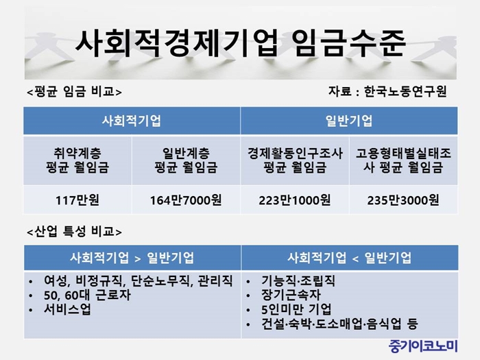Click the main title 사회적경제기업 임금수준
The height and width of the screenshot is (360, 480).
240,43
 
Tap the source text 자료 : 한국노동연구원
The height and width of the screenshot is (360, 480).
387,91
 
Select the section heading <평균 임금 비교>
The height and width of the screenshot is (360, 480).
74,91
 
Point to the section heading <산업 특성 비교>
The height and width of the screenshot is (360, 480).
74,232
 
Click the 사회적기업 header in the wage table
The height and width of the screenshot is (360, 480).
132,121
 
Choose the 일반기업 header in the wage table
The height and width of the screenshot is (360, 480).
349,121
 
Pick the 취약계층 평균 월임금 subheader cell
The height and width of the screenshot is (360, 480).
77,160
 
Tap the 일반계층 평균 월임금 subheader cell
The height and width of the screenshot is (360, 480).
186,160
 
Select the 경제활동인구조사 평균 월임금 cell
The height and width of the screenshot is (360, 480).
295,160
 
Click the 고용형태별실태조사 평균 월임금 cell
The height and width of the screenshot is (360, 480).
403,160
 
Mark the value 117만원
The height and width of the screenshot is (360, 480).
77,200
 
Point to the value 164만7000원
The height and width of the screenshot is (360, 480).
186,200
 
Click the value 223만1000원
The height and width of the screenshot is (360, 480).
294,200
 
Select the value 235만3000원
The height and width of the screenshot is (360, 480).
403,200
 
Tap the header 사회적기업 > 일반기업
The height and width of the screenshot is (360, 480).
132,258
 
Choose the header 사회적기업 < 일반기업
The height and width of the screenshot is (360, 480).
349,258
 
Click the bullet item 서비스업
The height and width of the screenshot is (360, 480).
67,309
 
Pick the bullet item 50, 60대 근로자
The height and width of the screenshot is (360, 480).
87,295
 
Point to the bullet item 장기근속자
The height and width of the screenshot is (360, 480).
291,295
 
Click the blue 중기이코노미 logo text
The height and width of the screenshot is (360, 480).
423,346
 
